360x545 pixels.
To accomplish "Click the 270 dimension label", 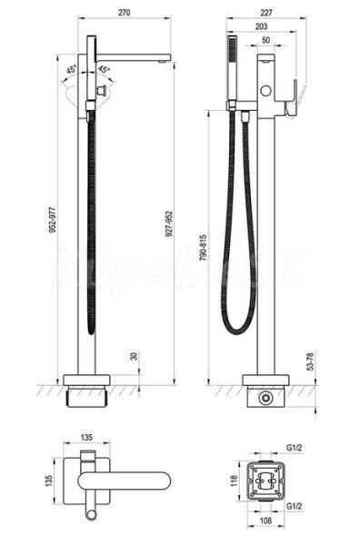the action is [125, 13].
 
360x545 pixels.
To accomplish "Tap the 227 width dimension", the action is [266, 13].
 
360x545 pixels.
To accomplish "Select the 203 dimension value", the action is [261, 26].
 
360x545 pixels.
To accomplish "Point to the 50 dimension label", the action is [265, 40].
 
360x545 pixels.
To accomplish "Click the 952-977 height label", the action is [52, 220].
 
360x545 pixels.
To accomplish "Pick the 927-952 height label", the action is [169, 223].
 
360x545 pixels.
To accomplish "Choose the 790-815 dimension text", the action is [204, 248].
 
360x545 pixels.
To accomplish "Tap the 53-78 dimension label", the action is [310, 362].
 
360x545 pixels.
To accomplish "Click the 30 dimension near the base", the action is [134, 356].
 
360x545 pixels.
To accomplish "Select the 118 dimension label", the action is [235, 481].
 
